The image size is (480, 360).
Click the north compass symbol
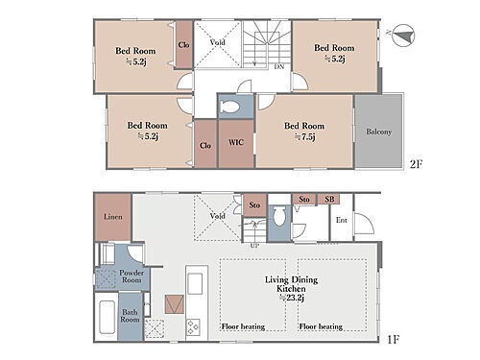(x=402, y=36)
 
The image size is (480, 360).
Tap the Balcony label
(x=378, y=132)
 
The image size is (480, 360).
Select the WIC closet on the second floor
(x=236, y=143)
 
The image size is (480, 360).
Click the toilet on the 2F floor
(x=230, y=107)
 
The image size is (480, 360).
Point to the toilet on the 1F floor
(x=279, y=217)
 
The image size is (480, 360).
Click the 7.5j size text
(x=305, y=137)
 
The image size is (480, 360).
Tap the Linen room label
(x=113, y=217)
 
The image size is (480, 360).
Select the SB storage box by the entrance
(x=328, y=199)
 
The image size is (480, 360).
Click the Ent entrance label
(x=342, y=220)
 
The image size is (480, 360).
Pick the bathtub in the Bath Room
(x=107, y=318)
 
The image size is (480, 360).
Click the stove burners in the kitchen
(x=193, y=327)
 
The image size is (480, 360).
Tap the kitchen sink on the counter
(x=195, y=283)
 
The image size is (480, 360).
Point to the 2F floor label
(x=417, y=164)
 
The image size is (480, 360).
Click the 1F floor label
(x=394, y=339)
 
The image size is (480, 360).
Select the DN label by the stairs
(x=279, y=67)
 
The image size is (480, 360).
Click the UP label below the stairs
(x=254, y=246)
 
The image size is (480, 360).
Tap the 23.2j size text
(x=292, y=298)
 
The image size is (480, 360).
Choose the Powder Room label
(x=132, y=276)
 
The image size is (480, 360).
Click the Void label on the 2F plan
(x=218, y=42)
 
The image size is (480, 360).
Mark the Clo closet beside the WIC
(x=205, y=143)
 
